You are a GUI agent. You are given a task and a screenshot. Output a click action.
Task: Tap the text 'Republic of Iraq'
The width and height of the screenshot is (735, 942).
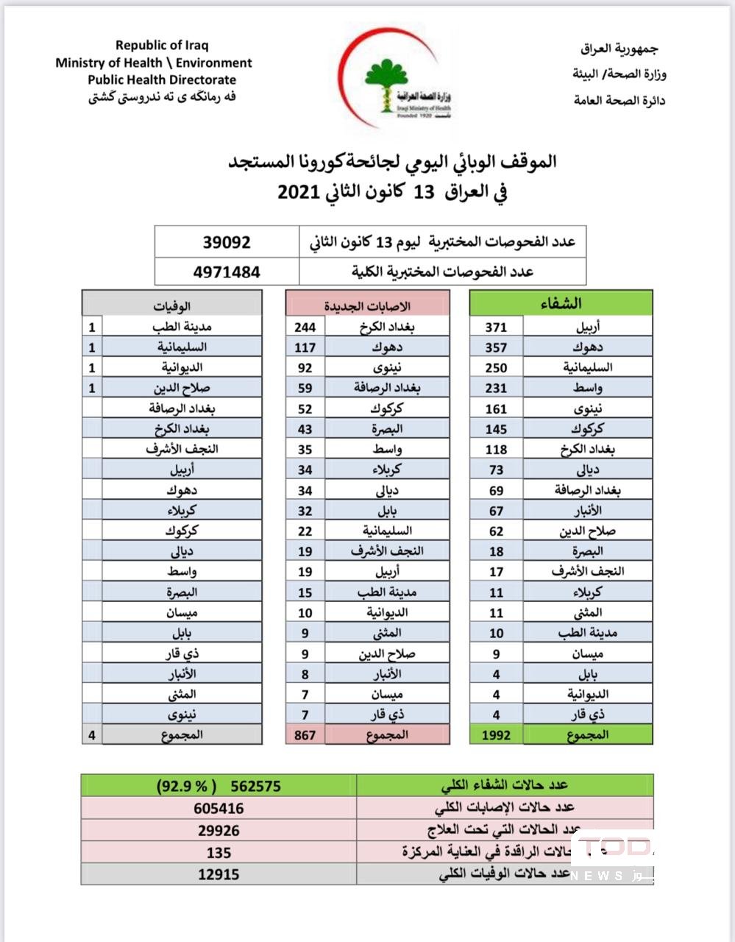[x=162, y=46]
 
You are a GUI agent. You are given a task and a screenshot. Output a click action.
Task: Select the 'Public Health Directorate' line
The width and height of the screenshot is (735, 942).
[x=162, y=80]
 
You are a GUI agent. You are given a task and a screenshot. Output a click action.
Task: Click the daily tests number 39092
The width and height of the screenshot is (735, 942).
[x=227, y=242]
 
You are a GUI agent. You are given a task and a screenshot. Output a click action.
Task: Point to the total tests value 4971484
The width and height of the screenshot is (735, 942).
[x=227, y=272]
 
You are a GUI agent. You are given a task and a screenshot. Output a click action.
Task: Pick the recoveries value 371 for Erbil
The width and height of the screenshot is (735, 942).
[x=497, y=327]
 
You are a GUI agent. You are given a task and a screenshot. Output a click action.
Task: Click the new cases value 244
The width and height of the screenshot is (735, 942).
[x=305, y=327]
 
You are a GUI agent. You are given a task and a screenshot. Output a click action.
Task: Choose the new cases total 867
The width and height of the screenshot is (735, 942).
[x=305, y=734]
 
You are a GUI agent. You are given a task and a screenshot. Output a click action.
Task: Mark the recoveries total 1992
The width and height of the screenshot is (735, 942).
[x=497, y=734]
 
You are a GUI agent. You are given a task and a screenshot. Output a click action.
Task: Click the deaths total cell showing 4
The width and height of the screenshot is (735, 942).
[x=92, y=734]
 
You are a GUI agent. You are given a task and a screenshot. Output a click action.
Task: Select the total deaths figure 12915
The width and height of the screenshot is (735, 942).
[x=219, y=874]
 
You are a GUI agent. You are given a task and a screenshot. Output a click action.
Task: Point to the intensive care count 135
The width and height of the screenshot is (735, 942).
[x=219, y=852]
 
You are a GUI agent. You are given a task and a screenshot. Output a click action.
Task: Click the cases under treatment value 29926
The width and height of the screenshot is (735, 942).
[x=219, y=830]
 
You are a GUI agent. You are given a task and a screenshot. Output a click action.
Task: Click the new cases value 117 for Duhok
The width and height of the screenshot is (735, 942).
[x=305, y=347]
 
